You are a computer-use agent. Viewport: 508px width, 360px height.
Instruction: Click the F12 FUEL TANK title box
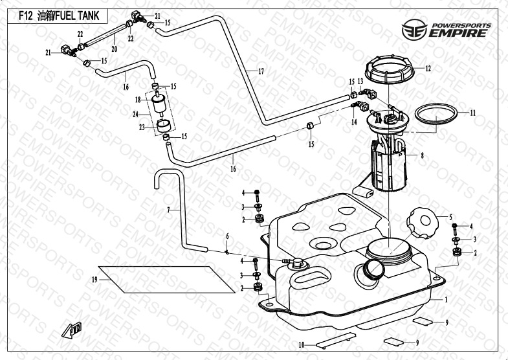(58, 16)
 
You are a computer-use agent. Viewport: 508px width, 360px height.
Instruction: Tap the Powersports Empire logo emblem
(414, 30)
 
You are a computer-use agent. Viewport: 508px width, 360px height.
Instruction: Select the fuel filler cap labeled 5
(423, 223)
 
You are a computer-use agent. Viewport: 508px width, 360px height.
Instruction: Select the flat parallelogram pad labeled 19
(166, 280)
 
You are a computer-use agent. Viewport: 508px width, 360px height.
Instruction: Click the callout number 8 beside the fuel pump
(422, 155)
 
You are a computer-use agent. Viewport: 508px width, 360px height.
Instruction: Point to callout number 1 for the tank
(446, 300)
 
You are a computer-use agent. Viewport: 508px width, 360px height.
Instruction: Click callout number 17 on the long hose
(261, 71)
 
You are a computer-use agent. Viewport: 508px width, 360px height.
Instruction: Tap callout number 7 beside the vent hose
(168, 210)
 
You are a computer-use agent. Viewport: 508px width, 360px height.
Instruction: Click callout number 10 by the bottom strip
(302, 345)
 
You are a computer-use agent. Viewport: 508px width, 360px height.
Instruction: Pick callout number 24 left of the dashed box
(136, 115)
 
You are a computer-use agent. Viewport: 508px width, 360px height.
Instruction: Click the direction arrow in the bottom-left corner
(72, 330)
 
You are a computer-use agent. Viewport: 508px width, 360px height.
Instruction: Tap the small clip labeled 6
(227, 252)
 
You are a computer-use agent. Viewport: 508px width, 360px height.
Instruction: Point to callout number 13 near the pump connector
(360, 82)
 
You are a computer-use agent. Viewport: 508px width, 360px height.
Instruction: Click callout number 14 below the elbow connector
(354, 122)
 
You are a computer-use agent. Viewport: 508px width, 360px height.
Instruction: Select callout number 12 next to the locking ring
(428, 69)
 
